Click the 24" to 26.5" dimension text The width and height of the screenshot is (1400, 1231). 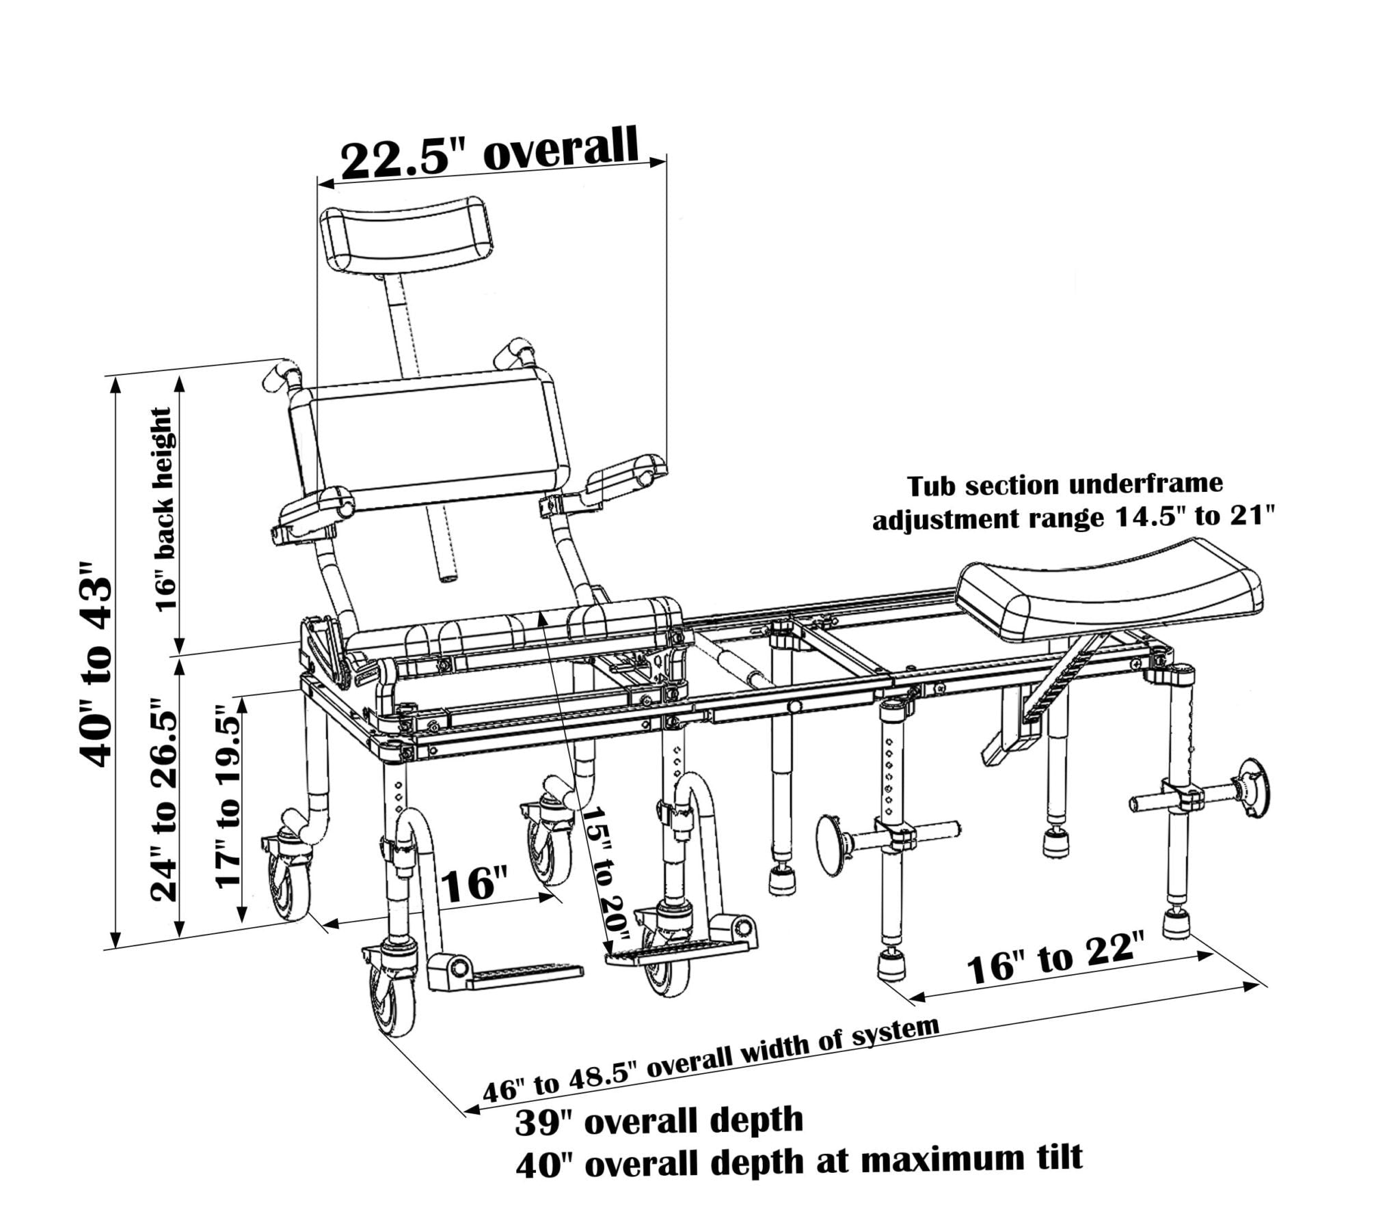[x=163, y=799]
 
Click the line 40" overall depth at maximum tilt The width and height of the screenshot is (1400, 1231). [x=798, y=1161]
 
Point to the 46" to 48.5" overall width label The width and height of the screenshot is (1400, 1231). [x=711, y=1059]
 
